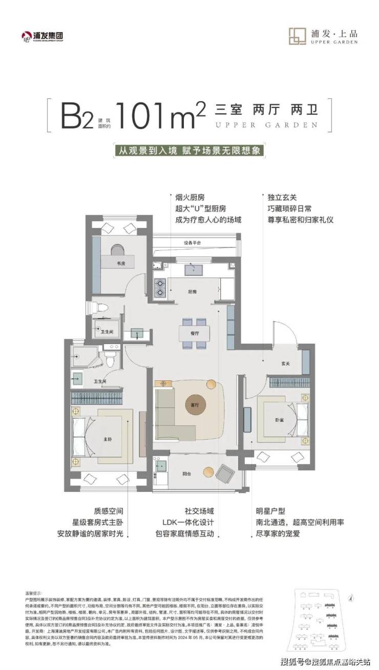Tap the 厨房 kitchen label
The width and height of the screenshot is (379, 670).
click(x=193, y=292)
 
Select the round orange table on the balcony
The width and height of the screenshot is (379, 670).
click(x=208, y=471)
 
